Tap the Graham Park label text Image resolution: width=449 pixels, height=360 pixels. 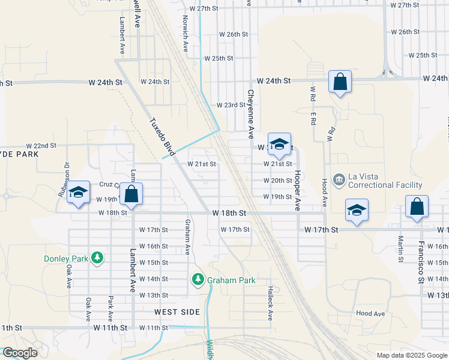tap(231, 280)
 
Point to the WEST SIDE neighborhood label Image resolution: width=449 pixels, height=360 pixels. tap(176, 312)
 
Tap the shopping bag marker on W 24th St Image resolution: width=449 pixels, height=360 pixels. tap(340, 82)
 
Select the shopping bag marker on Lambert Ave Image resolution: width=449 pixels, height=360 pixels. tap(131, 194)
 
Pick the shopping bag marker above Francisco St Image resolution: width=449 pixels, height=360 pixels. tap(417, 207)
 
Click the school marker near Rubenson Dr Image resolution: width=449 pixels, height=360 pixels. tap(78, 193)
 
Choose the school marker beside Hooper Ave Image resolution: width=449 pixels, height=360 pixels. tap(279, 144)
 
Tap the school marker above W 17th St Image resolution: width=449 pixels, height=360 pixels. tap(357, 211)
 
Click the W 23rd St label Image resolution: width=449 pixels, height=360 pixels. tap(231, 104)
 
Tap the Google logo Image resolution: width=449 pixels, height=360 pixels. tap(19, 353)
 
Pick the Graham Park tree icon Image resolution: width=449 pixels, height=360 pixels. tap(198, 280)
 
